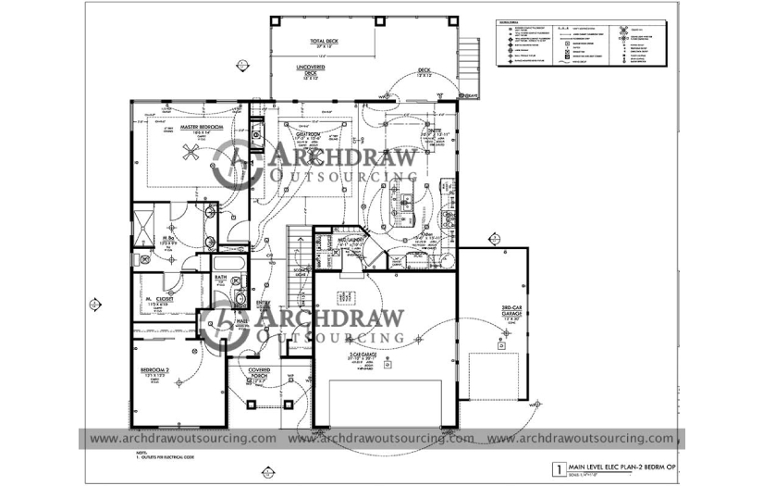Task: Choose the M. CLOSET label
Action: (160, 301)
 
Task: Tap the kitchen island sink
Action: (404, 198)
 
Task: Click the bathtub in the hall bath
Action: (228, 268)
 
